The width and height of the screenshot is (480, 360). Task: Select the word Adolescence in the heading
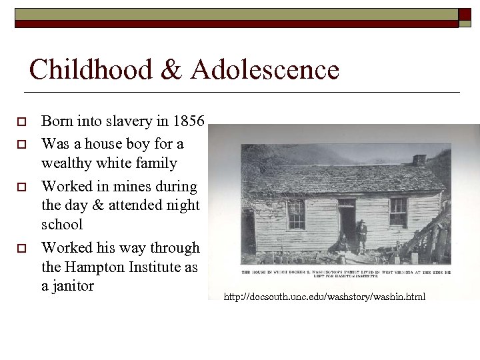click(264, 69)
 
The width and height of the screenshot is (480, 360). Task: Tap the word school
click(62, 225)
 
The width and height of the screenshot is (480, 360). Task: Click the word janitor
click(73, 286)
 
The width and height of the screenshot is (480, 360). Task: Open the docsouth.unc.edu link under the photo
click(324, 296)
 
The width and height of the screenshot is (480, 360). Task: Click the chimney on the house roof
click(419, 159)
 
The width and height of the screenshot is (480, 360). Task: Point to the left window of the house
click(296, 213)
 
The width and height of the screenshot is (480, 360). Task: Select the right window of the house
click(398, 211)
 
